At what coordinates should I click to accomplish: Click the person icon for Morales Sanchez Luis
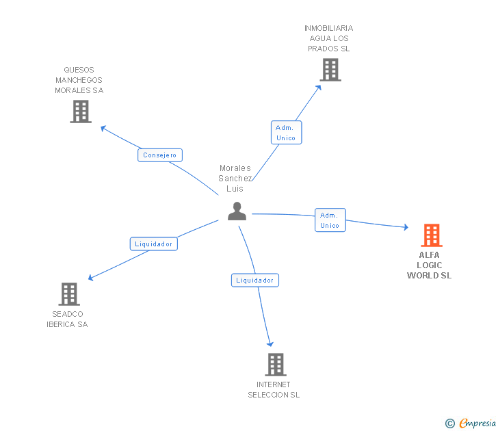pyautogui.click(x=237, y=211)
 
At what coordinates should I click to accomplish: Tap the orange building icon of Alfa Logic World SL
pyautogui.click(x=432, y=235)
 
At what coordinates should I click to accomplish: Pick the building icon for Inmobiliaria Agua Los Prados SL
pyautogui.click(x=330, y=70)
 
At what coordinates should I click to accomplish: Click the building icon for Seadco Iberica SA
pyautogui.click(x=69, y=294)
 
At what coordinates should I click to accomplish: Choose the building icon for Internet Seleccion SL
pyautogui.click(x=275, y=365)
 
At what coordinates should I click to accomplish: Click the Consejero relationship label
pyautogui.click(x=160, y=155)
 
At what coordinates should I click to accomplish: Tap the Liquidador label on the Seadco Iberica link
pyautogui.click(x=154, y=244)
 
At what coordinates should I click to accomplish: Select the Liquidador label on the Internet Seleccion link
pyautogui.click(x=255, y=280)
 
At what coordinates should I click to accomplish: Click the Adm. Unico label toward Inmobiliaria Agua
pyautogui.click(x=286, y=133)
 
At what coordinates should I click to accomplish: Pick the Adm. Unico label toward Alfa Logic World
pyautogui.click(x=330, y=220)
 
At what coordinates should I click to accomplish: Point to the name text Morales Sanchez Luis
pyautogui.click(x=235, y=178)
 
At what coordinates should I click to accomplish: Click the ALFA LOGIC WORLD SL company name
pyautogui.click(x=430, y=265)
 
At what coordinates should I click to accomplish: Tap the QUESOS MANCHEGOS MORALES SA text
pyautogui.click(x=79, y=80)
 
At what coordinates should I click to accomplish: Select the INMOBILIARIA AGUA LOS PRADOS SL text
pyautogui.click(x=329, y=38)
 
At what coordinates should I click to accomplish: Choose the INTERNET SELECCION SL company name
pyautogui.click(x=274, y=390)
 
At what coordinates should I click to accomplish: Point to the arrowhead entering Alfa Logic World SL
pyautogui.click(x=406, y=227)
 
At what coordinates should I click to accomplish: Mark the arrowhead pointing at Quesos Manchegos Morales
pyautogui.click(x=103, y=127)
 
